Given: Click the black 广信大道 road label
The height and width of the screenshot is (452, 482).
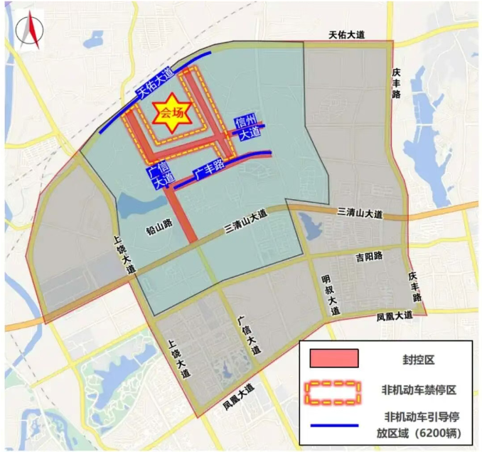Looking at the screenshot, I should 250,336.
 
